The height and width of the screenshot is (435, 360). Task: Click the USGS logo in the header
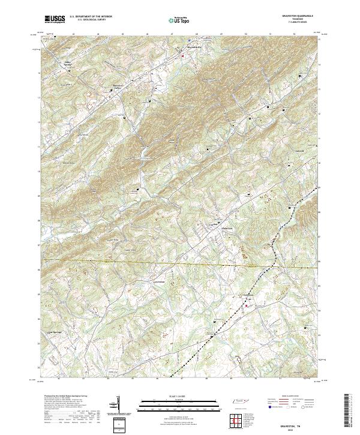53,20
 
